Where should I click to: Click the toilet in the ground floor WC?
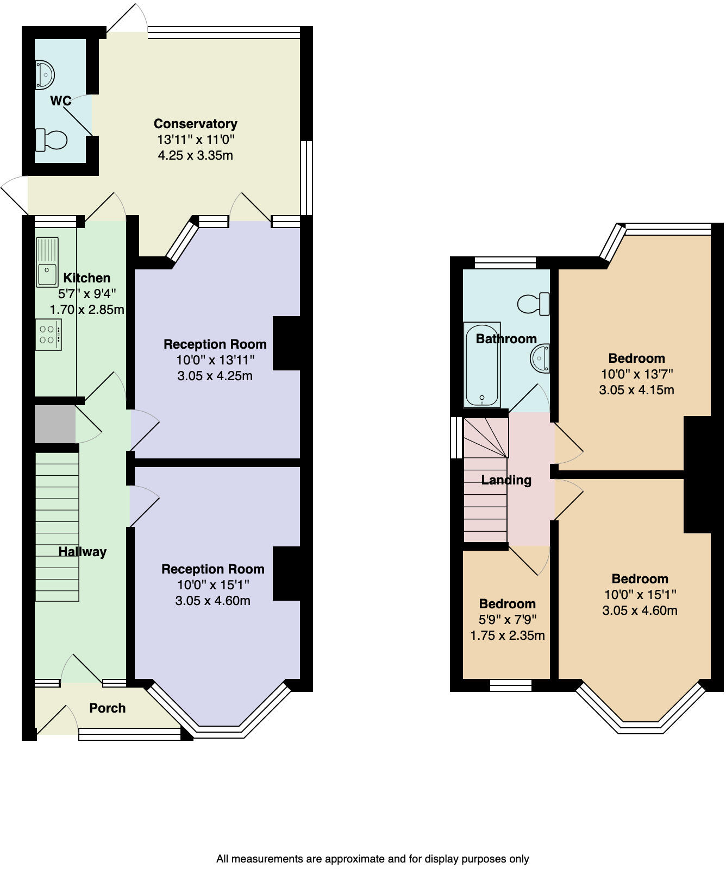click(51, 140)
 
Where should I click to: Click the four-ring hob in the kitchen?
click(48, 335)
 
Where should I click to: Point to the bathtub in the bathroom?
click(481, 365)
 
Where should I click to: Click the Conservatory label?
click(195, 124)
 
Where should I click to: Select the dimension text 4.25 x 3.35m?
click(195, 156)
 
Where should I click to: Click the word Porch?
click(107, 708)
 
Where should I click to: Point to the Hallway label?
click(82, 552)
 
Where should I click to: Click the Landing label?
click(506, 480)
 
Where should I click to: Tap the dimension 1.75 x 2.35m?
click(507, 635)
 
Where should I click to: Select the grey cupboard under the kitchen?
click(55, 424)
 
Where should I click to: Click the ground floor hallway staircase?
click(57, 527)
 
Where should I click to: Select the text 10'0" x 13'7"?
click(636, 374)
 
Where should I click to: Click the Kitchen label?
click(86, 278)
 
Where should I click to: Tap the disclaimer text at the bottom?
click(372, 859)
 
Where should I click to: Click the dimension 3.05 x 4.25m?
click(215, 376)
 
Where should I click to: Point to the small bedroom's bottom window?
click(510, 685)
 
